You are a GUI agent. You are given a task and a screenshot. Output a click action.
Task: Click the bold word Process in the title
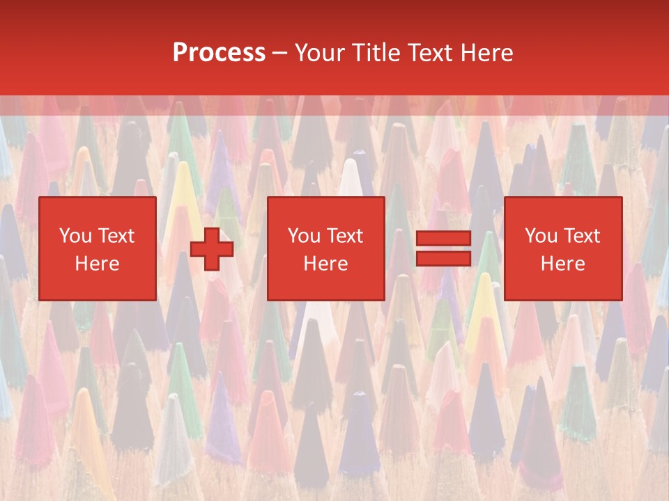click(x=219, y=53)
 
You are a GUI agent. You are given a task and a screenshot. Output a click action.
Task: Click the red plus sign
click(x=212, y=248)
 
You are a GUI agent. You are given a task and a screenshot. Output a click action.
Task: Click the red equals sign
click(x=443, y=248)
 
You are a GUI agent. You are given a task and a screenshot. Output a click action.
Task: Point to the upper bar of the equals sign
click(x=443, y=239)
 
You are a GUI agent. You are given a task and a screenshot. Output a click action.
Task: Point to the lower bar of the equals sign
click(x=443, y=259)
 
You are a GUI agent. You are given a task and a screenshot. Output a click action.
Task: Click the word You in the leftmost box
click(x=75, y=236)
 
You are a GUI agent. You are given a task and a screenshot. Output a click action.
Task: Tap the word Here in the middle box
click(x=325, y=264)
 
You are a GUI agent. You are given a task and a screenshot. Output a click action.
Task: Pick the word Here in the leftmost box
click(x=97, y=264)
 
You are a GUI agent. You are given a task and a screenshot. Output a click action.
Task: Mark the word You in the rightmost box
click(x=541, y=236)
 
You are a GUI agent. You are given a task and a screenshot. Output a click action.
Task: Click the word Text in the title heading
click(x=428, y=53)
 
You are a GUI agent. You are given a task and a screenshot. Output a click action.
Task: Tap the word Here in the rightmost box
click(x=562, y=264)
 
